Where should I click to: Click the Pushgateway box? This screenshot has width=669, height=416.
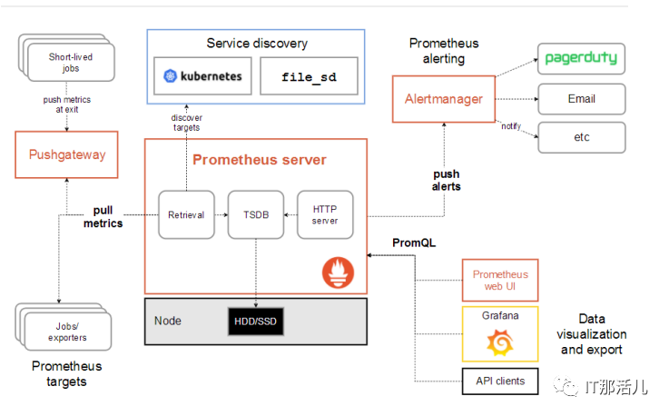point(66,154)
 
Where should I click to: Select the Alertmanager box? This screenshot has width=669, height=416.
point(444,99)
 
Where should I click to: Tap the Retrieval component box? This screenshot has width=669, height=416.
point(186,214)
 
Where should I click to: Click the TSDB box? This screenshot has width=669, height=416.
point(256,214)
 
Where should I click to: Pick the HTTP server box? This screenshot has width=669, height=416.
point(325,214)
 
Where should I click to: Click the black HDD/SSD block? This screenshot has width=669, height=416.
point(256,322)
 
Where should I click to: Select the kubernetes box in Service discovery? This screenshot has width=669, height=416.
point(202,76)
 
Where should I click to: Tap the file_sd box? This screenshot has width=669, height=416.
point(309,76)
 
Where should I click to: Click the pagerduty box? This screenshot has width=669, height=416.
point(582,58)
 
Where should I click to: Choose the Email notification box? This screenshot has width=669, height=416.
point(582,99)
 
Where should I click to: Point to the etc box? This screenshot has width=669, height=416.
point(582,137)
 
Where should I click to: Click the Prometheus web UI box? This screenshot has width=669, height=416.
point(500,280)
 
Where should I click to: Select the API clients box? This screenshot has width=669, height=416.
point(500,381)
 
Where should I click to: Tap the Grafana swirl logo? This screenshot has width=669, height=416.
point(500,342)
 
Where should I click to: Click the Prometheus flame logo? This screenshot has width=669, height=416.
point(338,272)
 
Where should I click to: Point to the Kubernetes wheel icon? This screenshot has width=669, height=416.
point(170,76)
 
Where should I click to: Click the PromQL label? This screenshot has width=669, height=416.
point(414,243)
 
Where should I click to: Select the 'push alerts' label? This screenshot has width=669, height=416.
point(447,180)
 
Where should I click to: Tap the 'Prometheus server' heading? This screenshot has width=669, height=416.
point(260,160)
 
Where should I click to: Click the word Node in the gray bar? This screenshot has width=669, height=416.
point(168,321)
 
